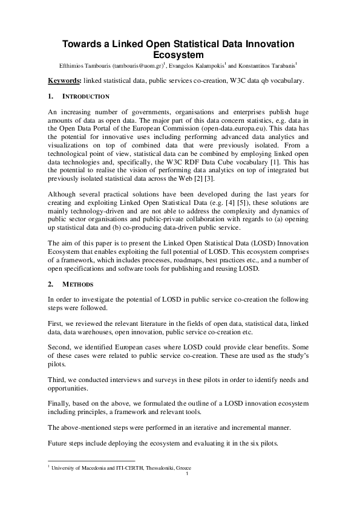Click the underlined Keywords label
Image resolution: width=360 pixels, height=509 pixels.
coord(64,80)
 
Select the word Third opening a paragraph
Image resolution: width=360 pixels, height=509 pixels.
coord(57,380)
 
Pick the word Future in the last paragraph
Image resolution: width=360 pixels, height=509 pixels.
coord(59,444)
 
